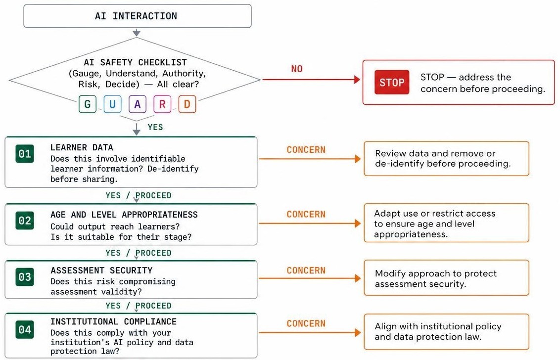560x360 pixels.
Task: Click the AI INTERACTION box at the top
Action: click(138, 16)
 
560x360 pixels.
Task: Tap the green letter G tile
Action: click(88, 104)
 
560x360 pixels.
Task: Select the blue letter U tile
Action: click(112, 104)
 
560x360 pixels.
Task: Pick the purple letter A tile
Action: click(138, 104)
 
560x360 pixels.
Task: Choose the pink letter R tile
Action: click(162, 104)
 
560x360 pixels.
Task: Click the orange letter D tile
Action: click(187, 104)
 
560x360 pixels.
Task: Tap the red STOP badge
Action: click(392, 83)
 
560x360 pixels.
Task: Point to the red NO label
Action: click(297, 69)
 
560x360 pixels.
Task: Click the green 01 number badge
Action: click(25, 154)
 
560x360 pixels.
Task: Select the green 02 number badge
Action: click(25, 221)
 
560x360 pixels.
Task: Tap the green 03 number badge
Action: click(25, 277)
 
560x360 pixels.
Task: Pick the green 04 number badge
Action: click(25, 330)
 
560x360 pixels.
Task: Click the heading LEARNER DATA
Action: click(82, 147)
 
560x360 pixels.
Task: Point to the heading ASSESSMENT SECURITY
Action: click(101, 270)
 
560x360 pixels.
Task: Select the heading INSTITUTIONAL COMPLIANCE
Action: click(113, 322)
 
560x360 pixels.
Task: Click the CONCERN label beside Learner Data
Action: click(306, 150)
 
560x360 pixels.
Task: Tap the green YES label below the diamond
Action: click(155, 127)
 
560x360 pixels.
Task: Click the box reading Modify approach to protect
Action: click(446, 278)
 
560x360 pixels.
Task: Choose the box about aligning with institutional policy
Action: click(446, 332)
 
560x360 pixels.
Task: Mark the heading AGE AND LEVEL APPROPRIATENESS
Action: click(124, 215)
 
